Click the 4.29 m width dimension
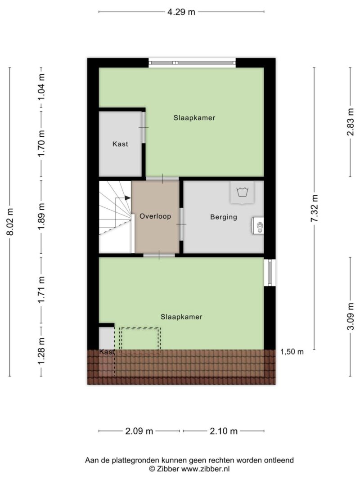(x=181, y=12)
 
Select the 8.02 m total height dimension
(x=10, y=222)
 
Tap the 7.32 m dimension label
(x=315, y=208)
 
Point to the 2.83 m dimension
(x=351, y=122)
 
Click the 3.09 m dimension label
(x=351, y=317)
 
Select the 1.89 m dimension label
(x=41, y=216)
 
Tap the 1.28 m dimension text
(x=41, y=351)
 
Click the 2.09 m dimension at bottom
(x=139, y=431)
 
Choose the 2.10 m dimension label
(x=224, y=431)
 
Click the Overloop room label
(x=155, y=216)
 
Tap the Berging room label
(x=224, y=217)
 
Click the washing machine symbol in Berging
(x=242, y=193)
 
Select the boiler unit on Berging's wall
(x=258, y=226)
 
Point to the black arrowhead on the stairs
(x=128, y=198)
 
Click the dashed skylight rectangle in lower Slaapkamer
(x=140, y=341)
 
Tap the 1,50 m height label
(x=292, y=352)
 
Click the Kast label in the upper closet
(x=120, y=144)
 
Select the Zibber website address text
(x=205, y=468)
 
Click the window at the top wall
(x=192, y=63)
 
